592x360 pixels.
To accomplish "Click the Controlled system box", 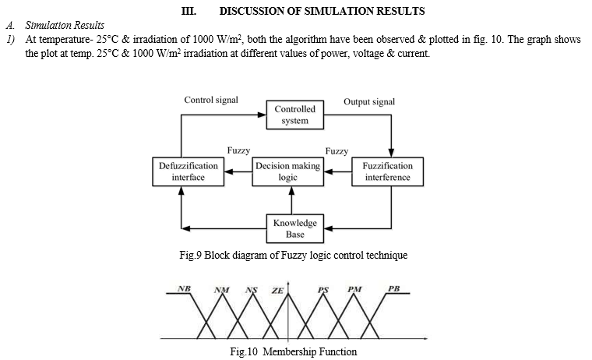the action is coord(295,115).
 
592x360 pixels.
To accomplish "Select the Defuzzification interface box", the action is coord(188,172).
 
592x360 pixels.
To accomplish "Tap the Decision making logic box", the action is coord(287,172).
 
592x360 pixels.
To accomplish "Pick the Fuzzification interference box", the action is coord(387,172).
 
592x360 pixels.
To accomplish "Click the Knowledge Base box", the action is coord(295,228).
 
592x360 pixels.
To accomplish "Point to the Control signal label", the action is coord(211,100).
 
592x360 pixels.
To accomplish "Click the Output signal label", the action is coord(369,101).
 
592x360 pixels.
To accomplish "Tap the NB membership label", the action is coord(184,288).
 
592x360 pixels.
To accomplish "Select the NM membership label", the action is coord(222,290).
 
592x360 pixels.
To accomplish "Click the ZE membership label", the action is coord(277,291).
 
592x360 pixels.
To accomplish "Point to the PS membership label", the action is coord(323,290).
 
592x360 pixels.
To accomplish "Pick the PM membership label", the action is coord(354,289).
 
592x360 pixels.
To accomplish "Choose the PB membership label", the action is coord(394,288).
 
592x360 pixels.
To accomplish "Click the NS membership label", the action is coord(252,290).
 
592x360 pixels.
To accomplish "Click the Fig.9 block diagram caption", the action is coord(294,255).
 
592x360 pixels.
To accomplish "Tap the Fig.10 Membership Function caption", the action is coord(294,351).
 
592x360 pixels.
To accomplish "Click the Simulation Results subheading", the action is coord(65,25).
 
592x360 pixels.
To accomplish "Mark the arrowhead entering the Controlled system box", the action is coord(262,115).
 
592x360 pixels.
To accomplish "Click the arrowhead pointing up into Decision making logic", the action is coord(291,191).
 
